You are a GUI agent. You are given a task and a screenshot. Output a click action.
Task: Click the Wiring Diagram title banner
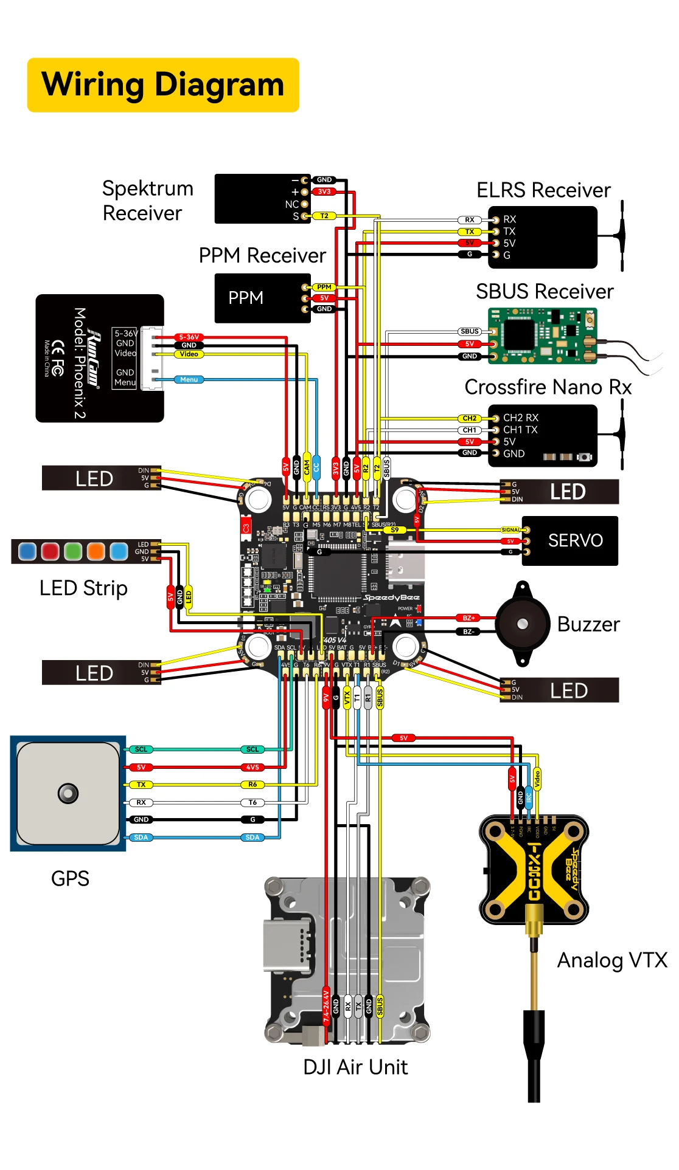[163, 85]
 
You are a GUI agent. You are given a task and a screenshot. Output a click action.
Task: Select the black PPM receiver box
[256, 298]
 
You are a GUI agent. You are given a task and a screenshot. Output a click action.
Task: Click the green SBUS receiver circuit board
[541, 336]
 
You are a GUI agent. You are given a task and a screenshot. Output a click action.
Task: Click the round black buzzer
[522, 624]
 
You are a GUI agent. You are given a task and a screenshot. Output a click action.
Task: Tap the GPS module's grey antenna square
[68, 793]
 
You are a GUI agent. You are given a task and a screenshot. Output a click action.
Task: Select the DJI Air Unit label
[355, 1067]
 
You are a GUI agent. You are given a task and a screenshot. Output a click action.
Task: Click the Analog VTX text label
[611, 960]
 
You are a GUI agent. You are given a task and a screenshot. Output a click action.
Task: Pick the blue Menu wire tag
[189, 379]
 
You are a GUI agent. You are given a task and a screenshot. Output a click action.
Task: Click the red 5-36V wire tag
[189, 337]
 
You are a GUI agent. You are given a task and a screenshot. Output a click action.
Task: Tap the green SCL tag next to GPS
[141, 749]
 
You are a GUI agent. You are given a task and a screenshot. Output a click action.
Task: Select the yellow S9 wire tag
[395, 530]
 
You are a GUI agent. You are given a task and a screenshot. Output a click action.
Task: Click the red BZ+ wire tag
[468, 618]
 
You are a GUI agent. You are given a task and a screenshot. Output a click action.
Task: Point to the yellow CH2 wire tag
[469, 418]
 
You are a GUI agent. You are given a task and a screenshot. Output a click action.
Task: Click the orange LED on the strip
[96, 551]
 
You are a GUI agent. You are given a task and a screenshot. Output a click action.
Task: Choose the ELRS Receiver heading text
[543, 190]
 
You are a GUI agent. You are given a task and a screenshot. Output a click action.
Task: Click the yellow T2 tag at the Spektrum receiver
[324, 216]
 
